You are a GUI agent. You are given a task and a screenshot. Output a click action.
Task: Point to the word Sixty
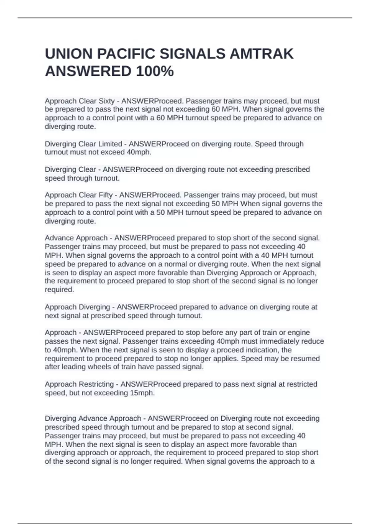[107, 101]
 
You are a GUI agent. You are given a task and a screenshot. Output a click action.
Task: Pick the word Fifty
[105, 195]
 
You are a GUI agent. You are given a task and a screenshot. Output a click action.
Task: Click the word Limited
[110, 144]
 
